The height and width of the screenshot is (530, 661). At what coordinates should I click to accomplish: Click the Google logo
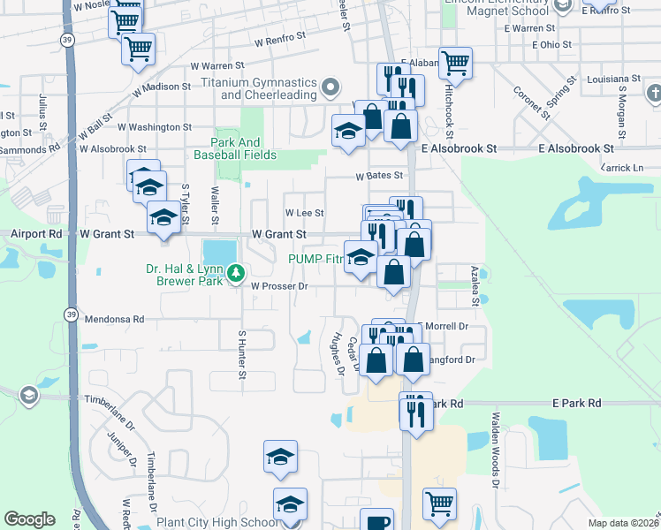click(30, 519)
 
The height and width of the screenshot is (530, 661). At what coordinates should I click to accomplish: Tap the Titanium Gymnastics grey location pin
click(330, 87)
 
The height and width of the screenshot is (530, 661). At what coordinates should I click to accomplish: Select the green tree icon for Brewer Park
click(235, 274)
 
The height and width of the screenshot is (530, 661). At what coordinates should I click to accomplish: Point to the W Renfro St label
click(279, 41)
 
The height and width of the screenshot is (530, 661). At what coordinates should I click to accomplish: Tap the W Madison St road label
click(162, 87)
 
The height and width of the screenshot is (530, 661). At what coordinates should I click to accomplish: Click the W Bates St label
click(379, 176)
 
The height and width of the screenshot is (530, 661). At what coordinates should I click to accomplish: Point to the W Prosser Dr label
click(278, 286)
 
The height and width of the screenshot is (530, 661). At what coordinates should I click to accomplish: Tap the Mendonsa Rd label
click(114, 318)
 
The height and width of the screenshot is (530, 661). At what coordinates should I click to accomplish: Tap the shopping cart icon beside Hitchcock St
click(455, 63)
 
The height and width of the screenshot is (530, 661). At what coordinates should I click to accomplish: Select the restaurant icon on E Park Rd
click(416, 411)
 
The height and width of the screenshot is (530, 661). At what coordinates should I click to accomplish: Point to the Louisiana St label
click(617, 79)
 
